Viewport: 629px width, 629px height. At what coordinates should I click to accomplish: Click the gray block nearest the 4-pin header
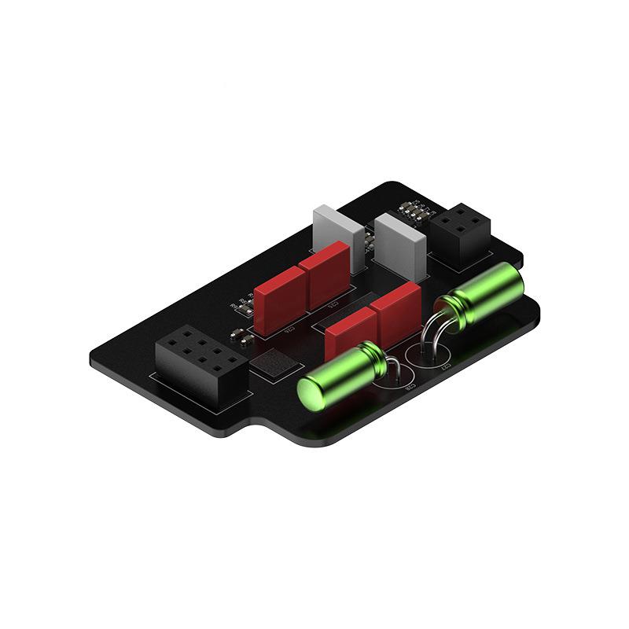tap(402, 245)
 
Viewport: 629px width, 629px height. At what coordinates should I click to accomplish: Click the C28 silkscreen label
tap(410, 388)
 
